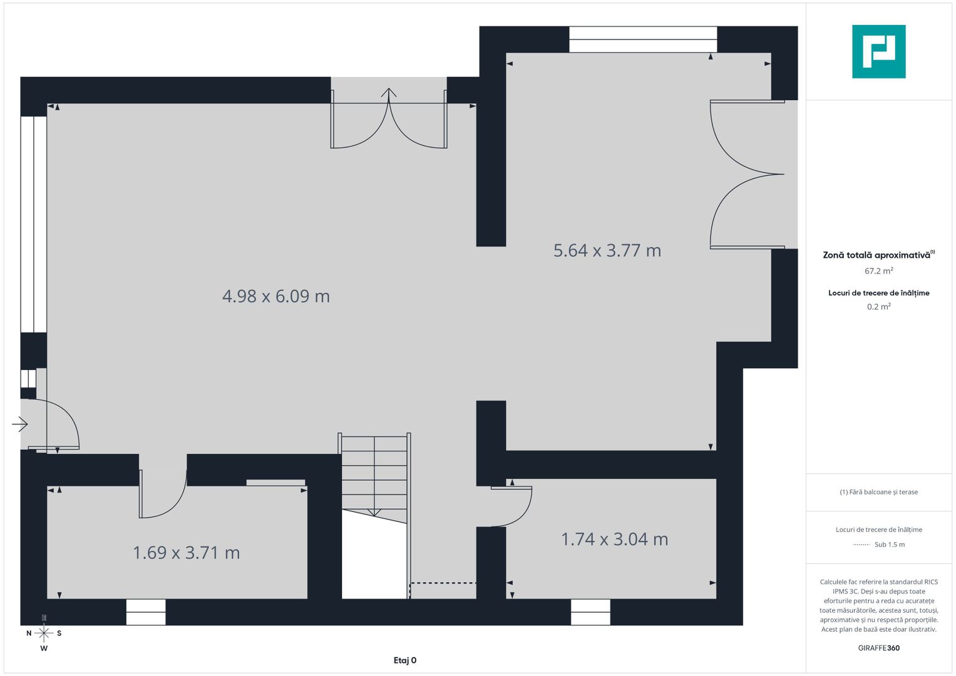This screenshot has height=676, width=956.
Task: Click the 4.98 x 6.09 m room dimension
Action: (276, 296)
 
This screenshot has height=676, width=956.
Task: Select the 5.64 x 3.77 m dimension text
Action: (607, 250)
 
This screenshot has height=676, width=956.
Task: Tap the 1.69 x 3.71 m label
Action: (186, 553)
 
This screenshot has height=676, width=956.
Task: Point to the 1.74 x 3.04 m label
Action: (614, 539)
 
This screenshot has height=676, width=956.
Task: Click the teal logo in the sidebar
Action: (878, 51)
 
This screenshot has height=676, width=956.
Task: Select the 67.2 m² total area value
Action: (878, 271)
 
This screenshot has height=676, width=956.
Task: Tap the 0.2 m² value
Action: (878, 307)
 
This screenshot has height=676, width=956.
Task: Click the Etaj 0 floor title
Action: (405, 660)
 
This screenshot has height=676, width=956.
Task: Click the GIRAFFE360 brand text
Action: (878, 648)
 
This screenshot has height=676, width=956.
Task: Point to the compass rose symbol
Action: (44, 633)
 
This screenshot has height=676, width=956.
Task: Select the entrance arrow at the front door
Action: (20, 424)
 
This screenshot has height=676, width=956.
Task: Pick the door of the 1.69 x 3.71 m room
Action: (163, 494)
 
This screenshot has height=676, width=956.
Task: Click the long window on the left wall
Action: (34, 223)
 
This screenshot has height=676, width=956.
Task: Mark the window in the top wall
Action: (642, 39)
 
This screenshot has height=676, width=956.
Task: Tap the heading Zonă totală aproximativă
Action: (876, 255)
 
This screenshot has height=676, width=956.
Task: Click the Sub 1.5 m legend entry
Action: (889, 545)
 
